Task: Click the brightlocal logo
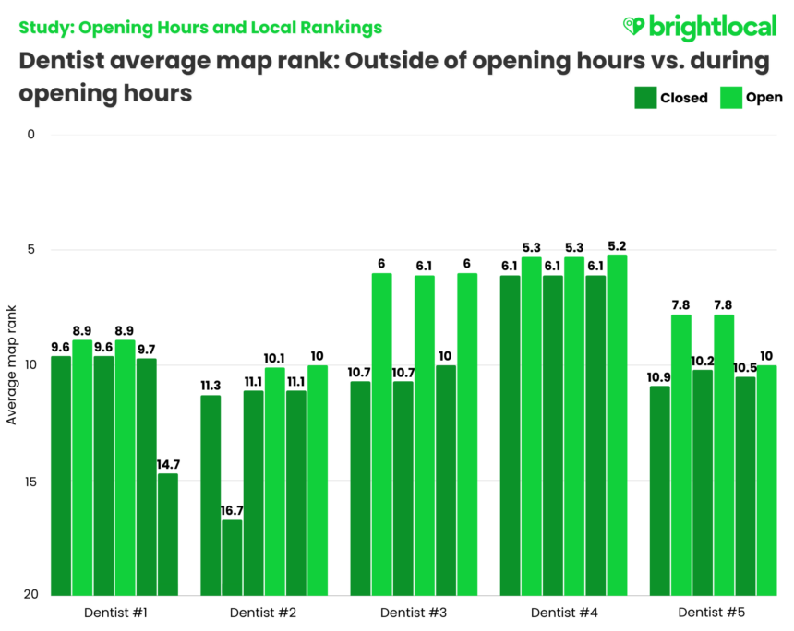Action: click(x=699, y=27)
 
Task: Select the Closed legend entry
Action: click(x=671, y=98)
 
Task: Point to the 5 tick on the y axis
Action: click(x=30, y=250)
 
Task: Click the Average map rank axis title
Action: click(x=12, y=365)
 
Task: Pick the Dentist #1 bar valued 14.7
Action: click(x=168, y=535)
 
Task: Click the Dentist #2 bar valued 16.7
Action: click(x=232, y=558)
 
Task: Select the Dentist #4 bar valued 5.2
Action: click(x=617, y=424)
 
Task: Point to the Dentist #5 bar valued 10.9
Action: click(x=659, y=491)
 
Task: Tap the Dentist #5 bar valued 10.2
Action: click(x=703, y=482)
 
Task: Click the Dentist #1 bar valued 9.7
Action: click(x=147, y=477)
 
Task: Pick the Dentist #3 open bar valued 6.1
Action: click(x=424, y=435)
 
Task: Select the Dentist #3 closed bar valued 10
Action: click(x=446, y=480)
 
